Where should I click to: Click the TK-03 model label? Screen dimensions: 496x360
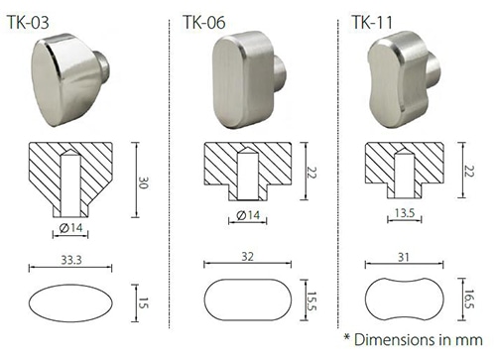28,23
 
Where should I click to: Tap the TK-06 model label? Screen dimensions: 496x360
204,23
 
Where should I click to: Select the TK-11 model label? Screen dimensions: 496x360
372,23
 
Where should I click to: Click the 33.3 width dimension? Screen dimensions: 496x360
71,260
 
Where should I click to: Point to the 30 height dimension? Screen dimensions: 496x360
143,182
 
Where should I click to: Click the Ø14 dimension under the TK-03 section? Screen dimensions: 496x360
70,228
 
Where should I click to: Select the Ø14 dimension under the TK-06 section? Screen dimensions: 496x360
248,215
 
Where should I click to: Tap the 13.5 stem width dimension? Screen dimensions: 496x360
405,213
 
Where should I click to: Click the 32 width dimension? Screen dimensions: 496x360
247,257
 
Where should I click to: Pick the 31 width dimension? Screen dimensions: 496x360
404,257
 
